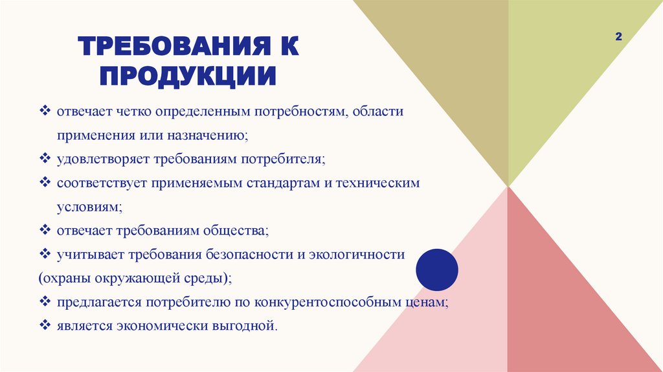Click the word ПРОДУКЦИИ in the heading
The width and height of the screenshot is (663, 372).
(187, 76)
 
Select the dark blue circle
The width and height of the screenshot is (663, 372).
(436, 269)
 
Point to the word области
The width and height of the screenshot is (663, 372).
(378, 112)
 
